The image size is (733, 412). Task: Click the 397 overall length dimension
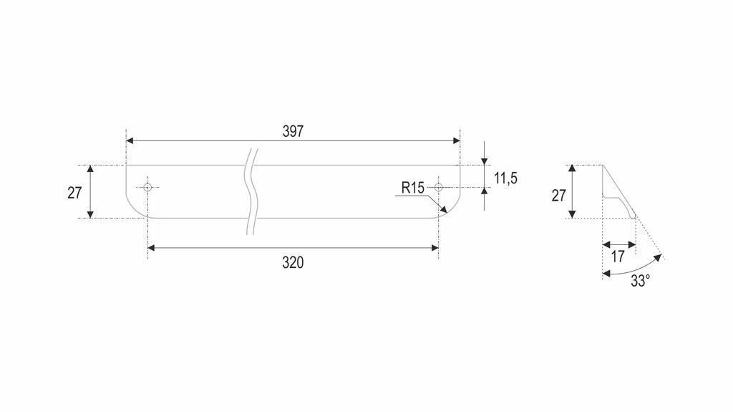(x=293, y=132)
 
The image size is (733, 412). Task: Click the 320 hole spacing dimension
(x=293, y=263)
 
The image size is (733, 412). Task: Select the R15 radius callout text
(x=413, y=188)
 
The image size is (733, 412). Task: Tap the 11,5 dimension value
(x=506, y=178)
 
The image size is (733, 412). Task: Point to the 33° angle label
(x=641, y=281)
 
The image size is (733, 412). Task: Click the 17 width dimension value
(x=618, y=257)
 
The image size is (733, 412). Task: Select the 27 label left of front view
(x=74, y=193)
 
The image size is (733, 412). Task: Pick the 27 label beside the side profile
(x=558, y=195)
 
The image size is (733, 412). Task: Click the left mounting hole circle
(x=147, y=188)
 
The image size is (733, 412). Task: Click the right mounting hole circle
(x=438, y=188)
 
